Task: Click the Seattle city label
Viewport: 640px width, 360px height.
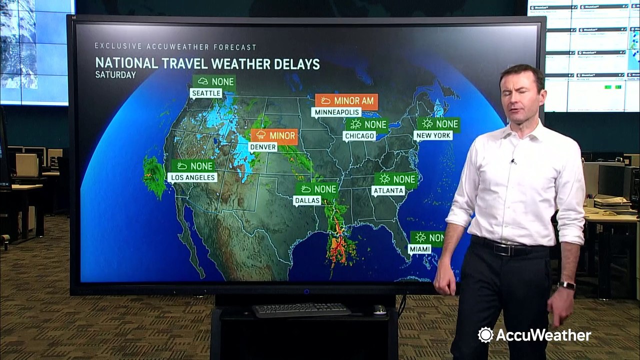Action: pyautogui.click(x=206, y=93)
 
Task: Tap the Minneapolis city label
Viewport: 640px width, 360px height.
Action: pyautogui.click(x=336, y=112)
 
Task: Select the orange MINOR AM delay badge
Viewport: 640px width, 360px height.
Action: pyautogui.click(x=346, y=101)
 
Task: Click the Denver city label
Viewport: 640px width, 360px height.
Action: pyautogui.click(x=263, y=147)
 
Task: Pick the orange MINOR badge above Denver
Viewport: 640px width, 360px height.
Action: pyautogui.click(x=274, y=135)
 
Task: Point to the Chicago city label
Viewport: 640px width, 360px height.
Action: pyautogui.click(x=359, y=136)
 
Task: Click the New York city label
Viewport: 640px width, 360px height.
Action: pyautogui.click(x=433, y=135)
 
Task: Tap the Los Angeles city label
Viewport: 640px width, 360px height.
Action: pyautogui.click(x=192, y=177)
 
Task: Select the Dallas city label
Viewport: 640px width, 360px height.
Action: pyautogui.click(x=307, y=200)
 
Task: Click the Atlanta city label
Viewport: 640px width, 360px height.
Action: pyautogui.click(x=388, y=190)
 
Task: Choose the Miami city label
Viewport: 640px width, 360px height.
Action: pyautogui.click(x=419, y=249)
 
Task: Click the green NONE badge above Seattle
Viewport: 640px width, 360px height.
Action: pyautogui.click(x=214, y=81)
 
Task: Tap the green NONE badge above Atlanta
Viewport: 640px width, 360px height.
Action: pyautogui.click(x=396, y=179)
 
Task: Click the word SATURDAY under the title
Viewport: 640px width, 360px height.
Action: pyautogui.click(x=115, y=75)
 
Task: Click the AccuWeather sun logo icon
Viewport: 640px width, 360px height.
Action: pyautogui.click(x=485, y=335)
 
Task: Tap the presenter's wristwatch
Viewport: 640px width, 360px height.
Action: pyautogui.click(x=566, y=285)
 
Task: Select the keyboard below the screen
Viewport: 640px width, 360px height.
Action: pyautogui.click(x=301, y=310)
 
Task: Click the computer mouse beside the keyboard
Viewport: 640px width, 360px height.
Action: pyautogui.click(x=379, y=310)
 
